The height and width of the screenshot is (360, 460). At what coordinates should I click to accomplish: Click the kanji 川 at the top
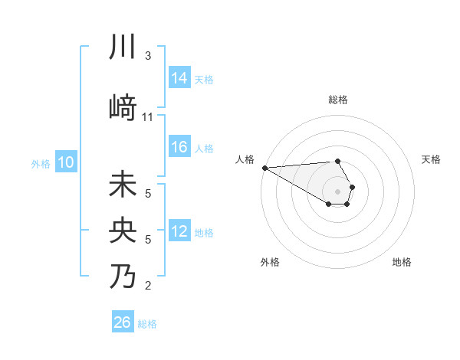point(123,47)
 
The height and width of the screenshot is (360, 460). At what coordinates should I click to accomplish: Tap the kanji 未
point(123,186)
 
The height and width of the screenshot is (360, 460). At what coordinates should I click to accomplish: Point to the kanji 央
point(123,231)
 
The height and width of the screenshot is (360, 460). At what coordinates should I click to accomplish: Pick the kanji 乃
point(123,275)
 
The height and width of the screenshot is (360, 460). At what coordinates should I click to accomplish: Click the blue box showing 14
point(179,77)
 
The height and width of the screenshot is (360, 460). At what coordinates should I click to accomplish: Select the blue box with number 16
point(179,147)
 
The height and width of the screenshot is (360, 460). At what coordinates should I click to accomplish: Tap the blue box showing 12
point(179,231)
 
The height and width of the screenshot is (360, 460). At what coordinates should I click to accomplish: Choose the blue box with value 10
point(66,162)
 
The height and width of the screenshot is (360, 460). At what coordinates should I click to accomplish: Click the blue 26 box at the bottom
point(123,322)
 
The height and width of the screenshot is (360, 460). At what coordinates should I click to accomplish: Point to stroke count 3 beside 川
point(148,56)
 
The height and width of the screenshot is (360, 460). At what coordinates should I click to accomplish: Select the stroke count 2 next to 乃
point(148,286)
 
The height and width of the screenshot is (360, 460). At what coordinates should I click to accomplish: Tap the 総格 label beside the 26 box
point(147,324)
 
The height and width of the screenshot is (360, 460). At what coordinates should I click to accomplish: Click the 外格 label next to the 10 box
point(40,163)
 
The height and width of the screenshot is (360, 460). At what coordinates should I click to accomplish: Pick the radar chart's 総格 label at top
point(337,100)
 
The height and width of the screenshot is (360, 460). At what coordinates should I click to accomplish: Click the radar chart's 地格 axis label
point(402,262)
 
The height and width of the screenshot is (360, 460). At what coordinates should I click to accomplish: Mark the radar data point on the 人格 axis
point(264,168)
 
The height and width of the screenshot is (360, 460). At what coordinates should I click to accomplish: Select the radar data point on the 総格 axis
point(337,161)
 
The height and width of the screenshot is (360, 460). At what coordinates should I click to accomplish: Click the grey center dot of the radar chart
point(337,191)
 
